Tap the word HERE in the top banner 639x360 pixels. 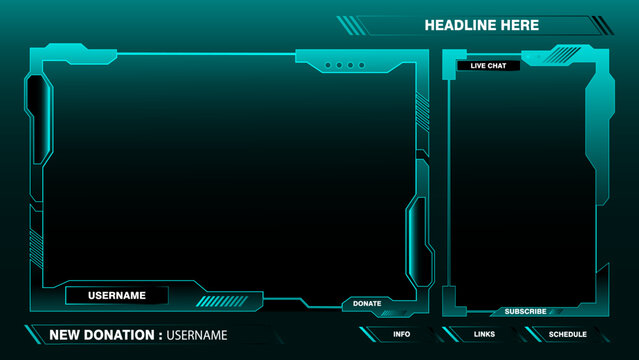pos(517,25)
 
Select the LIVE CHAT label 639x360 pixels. pos(488,66)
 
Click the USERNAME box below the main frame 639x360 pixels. pos(117,295)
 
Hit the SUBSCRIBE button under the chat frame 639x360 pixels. pos(525,311)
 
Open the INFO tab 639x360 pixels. pos(401,334)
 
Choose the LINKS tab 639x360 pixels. pos(484,334)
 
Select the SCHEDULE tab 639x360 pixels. pos(567,334)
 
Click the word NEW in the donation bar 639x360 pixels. pos(64,335)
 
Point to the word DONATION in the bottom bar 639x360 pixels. pos(118,335)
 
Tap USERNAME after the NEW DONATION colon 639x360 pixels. pos(197,335)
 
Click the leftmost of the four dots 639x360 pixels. pos(327,66)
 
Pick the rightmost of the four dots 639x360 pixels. pos(362,66)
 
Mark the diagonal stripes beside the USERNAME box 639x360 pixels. pos(221,301)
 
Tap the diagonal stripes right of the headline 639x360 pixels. pos(602,25)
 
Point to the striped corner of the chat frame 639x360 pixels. pos(565,54)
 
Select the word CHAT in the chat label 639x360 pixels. pos(497,66)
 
